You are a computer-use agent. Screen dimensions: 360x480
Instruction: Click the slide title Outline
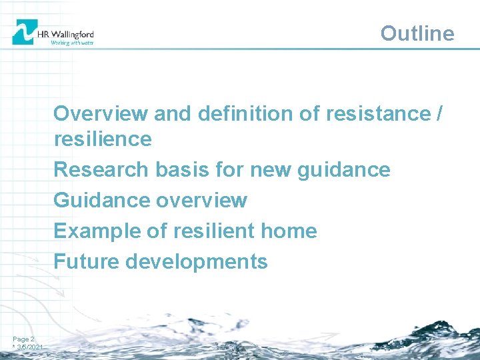click(x=417, y=33)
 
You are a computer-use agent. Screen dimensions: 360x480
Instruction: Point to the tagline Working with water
click(x=72, y=43)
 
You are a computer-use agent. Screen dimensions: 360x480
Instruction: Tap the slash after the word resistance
click(x=437, y=114)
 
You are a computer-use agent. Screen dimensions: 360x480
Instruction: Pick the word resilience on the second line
click(x=103, y=139)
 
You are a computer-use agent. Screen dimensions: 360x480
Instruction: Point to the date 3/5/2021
click(x=30, y=348)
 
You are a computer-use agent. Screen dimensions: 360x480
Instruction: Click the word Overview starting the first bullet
click(x=101, y=114)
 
